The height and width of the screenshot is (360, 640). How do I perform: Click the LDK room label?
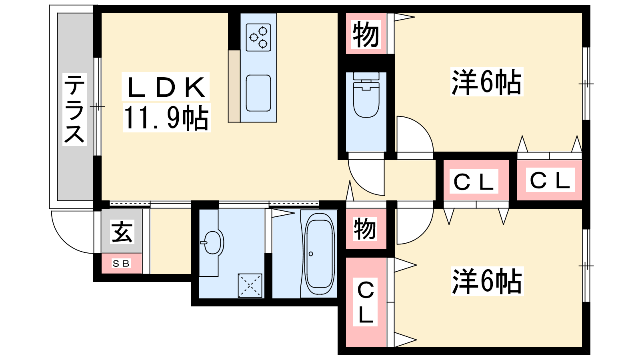click(x=166, y=87)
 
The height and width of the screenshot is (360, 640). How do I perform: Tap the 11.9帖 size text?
click(x=166, y=118)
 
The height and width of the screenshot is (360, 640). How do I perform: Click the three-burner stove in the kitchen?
click(x=258, y=38)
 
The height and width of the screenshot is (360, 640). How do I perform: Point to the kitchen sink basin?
click(x=258, y=93)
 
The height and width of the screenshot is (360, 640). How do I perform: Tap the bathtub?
click(x=319, y=254)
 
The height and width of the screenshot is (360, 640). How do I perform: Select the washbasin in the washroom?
click(x=212, y=242)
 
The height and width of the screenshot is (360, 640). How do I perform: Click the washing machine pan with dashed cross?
click(x=250, y=286)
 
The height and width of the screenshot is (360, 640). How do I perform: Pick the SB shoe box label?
click(x=121, y=263)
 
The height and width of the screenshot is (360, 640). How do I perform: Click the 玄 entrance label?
click(x=122, y=232)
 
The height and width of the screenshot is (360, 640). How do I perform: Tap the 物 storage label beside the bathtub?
click(x=364, y=229)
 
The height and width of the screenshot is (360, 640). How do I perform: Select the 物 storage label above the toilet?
click(x=366, y=35)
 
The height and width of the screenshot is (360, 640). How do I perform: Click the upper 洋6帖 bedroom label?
click(x=486, y=82)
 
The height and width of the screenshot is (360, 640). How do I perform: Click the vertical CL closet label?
click(x=366, y=302)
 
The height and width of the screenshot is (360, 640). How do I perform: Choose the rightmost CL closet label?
click(x=550, y=180)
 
